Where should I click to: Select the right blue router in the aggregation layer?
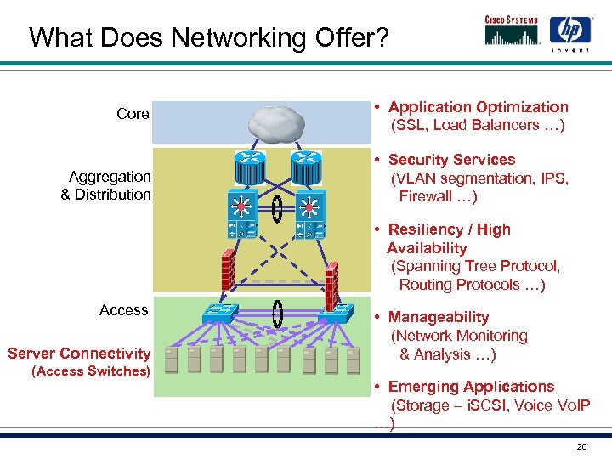pyautogui.click(x=305, y=171)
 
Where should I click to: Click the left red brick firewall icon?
pyautogui.click(x=227, y=270)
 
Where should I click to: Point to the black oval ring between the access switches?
pyautogui.click(x=277, y=313)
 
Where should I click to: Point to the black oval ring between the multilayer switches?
pyautogui.click(x=277, y=209)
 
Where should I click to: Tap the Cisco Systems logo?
pyautogui.click(x=512, y=30)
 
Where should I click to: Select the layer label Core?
pyautogui.click(x=133, y=114)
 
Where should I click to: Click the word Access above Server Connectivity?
pyautogui.click(x=124, y=310)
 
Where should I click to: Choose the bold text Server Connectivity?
pyautogui.click(x=79, y=354)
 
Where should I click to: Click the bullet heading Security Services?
pyautogui.click(x=451, y=160)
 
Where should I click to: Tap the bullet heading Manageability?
pyautogui.click(x=438, y=317)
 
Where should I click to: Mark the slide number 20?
pyautogui.click(x=581, y=447)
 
